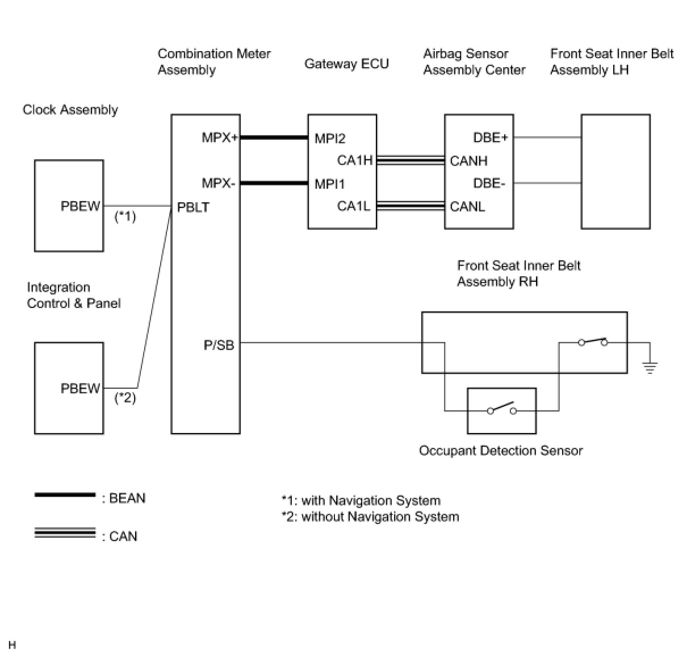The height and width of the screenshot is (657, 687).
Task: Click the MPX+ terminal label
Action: click(x=219, y=138)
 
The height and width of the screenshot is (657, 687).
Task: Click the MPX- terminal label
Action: click(x=218, y=183)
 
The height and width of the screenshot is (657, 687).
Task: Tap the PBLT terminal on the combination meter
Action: click(x=193, y=207)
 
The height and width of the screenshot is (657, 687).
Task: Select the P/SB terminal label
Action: click(x=219, y=345)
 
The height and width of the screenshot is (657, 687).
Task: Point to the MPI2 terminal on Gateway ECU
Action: click(x=330, y=138)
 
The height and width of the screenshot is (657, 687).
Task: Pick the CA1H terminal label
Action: click(x=355, y=160)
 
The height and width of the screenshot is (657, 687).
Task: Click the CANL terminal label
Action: click(x=467, y=206)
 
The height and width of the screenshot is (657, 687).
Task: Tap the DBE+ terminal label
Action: click(x=491, y=138)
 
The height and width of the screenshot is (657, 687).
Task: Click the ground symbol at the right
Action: click(x=650, y=367)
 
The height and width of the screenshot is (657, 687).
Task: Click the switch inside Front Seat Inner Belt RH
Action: click(x=593, y=342)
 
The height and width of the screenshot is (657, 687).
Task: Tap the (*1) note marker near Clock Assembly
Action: click(x=125, y=217)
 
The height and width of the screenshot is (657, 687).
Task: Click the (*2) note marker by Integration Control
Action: click(x=125, y=398)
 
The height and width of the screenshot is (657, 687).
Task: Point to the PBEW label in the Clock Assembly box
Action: click(x=80, y=206)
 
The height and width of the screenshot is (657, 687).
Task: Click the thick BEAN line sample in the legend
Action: click(x=65, y=495)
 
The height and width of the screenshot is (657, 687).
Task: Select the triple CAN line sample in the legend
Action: click(x=65, y=533)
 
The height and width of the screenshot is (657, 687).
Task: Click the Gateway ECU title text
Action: click(x=346, y=64)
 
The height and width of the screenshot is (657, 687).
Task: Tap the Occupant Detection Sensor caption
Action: click(x=501, y=451)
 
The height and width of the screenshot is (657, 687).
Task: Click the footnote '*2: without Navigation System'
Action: click(x=370, y=517)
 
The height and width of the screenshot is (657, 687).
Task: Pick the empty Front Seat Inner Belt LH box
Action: click(x=615, y=171)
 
